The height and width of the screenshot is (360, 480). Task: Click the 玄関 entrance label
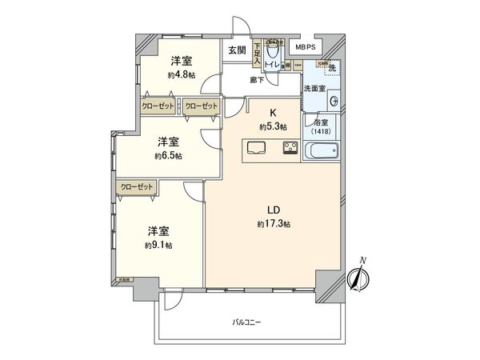tap(236, 50)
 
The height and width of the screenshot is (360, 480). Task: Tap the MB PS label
tap(305, 47)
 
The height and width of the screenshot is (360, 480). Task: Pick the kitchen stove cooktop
tap(290, 148)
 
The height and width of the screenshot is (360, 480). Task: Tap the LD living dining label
tap(274, 211)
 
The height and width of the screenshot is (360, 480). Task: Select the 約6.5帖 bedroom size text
tap(169, 155)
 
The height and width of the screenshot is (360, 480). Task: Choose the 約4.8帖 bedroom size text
tap(180, 74)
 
